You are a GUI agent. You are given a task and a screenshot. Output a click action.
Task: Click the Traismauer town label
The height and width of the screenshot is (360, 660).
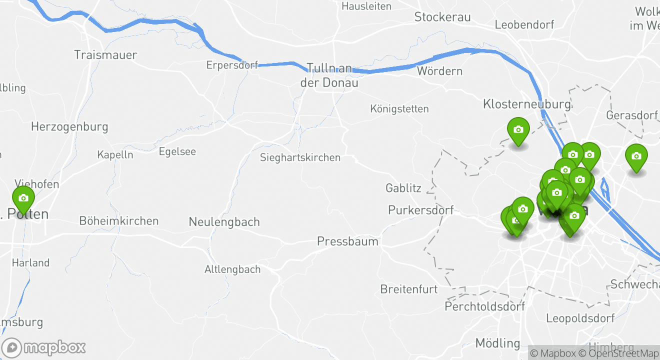(x=105, y=55)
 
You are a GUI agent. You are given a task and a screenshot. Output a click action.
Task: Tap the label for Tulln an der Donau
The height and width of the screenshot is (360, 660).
(x=329, y=75)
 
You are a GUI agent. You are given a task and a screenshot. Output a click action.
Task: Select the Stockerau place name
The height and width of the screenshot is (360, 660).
(x=442, y=17)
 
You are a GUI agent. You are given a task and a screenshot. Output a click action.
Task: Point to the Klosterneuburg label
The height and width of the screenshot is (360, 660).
(x=526, y=104)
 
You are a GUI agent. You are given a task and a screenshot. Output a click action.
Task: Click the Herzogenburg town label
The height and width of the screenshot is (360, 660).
(x=69, y=127)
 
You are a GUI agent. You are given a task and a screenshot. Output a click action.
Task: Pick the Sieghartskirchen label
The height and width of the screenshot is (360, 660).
(x=300, y=157)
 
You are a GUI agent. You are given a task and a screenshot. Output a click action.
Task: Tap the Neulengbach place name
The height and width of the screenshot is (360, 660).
(x=224, y=222)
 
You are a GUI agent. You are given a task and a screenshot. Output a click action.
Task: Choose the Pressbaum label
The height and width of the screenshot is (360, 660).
(x=347, y=242)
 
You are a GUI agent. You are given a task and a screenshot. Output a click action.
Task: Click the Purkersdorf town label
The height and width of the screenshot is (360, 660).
(x=421, y=210)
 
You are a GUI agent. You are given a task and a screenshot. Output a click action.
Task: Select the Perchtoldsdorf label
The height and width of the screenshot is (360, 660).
(x=484, y=306)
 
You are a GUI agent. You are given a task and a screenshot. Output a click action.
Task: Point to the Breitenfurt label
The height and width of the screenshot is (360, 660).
(x=409, y=289)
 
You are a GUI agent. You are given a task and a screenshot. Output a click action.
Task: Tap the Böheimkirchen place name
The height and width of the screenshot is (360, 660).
(x=119, y=221)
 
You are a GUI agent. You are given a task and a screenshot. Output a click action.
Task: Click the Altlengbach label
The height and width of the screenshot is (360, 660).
(x=232, y=269)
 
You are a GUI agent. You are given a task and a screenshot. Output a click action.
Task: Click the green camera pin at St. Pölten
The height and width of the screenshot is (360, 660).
(x=23, y=198)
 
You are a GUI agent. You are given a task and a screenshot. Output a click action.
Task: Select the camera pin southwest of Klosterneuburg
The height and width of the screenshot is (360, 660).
(x=518, y=130)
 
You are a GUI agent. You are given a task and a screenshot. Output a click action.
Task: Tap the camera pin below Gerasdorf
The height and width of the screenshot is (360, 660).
(x=636, y=156)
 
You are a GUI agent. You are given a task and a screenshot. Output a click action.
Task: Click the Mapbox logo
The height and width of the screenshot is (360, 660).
(x=43, y=347)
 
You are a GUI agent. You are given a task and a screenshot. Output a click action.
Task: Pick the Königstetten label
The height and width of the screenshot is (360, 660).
(x=399, y=108)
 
